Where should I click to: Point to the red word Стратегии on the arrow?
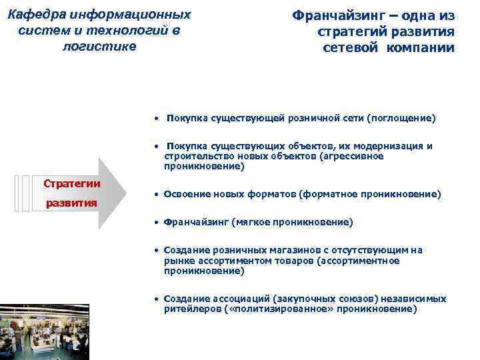click(x=72, y=183)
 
